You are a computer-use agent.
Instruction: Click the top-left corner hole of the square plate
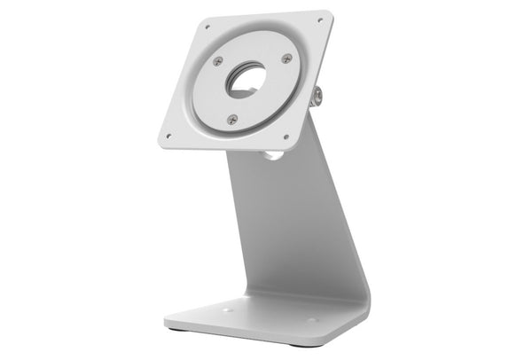pos(207,27)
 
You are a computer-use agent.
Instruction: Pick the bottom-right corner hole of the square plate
pos(286,137)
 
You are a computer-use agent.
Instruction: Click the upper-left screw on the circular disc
pos(218,61)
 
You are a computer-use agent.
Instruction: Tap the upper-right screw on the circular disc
pos(286,59)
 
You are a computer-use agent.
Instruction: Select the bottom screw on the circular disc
pos(232,119)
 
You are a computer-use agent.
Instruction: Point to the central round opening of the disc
pos(246,80)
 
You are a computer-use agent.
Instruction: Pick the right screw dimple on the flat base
pos(311,320)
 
